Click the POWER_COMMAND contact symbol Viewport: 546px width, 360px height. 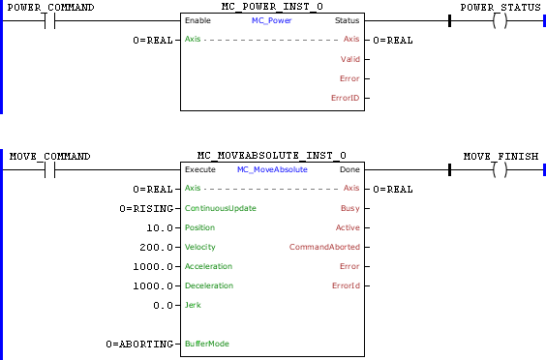pyautogui.click(x=49, y=20)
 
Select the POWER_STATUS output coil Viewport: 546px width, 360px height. pyautogui.click(x=500, y=20)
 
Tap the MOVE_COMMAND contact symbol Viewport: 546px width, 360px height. pyautogui.click(x=49, y=169)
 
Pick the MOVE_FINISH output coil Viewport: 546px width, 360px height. pyautogui.click(x=500, y=169)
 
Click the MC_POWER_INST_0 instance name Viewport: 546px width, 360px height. pyautogui.click(x=272, y=7)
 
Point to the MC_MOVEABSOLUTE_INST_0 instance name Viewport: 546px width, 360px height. pyautogui.click(x=272, y=156)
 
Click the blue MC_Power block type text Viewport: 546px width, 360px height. pyautogui.click(x=272, y=20)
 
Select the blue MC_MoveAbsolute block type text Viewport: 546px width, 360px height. pyautogui.click(x=272, y=169)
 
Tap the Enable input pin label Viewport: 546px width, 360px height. pyautogui.click(x=197, y=20)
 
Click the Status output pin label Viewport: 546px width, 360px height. pyautogui.click(x=346, y=20)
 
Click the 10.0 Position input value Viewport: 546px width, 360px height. pyautogui.click(x=159, y=227)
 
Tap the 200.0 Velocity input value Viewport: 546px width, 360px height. pyautogui.click(x=156, y=247)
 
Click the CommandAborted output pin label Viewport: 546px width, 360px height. pyautogui.click(x=324, y=247)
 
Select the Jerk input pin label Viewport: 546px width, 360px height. pyautogui.click(x=193, y=305)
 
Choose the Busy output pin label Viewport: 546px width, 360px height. pyautogui.click(x=349, y=208)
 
